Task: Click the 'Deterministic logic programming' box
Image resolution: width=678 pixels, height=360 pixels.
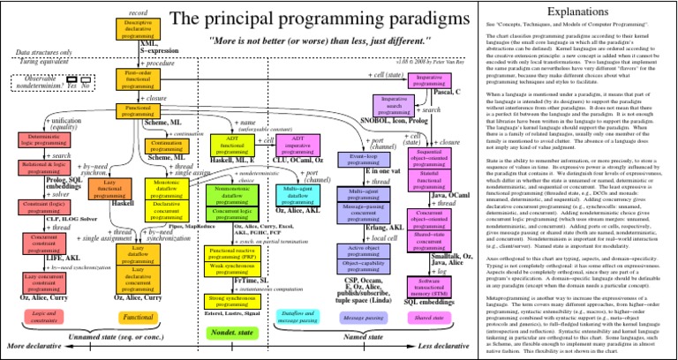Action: (39, 139)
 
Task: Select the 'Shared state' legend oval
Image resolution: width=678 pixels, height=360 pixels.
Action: (429, 315)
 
